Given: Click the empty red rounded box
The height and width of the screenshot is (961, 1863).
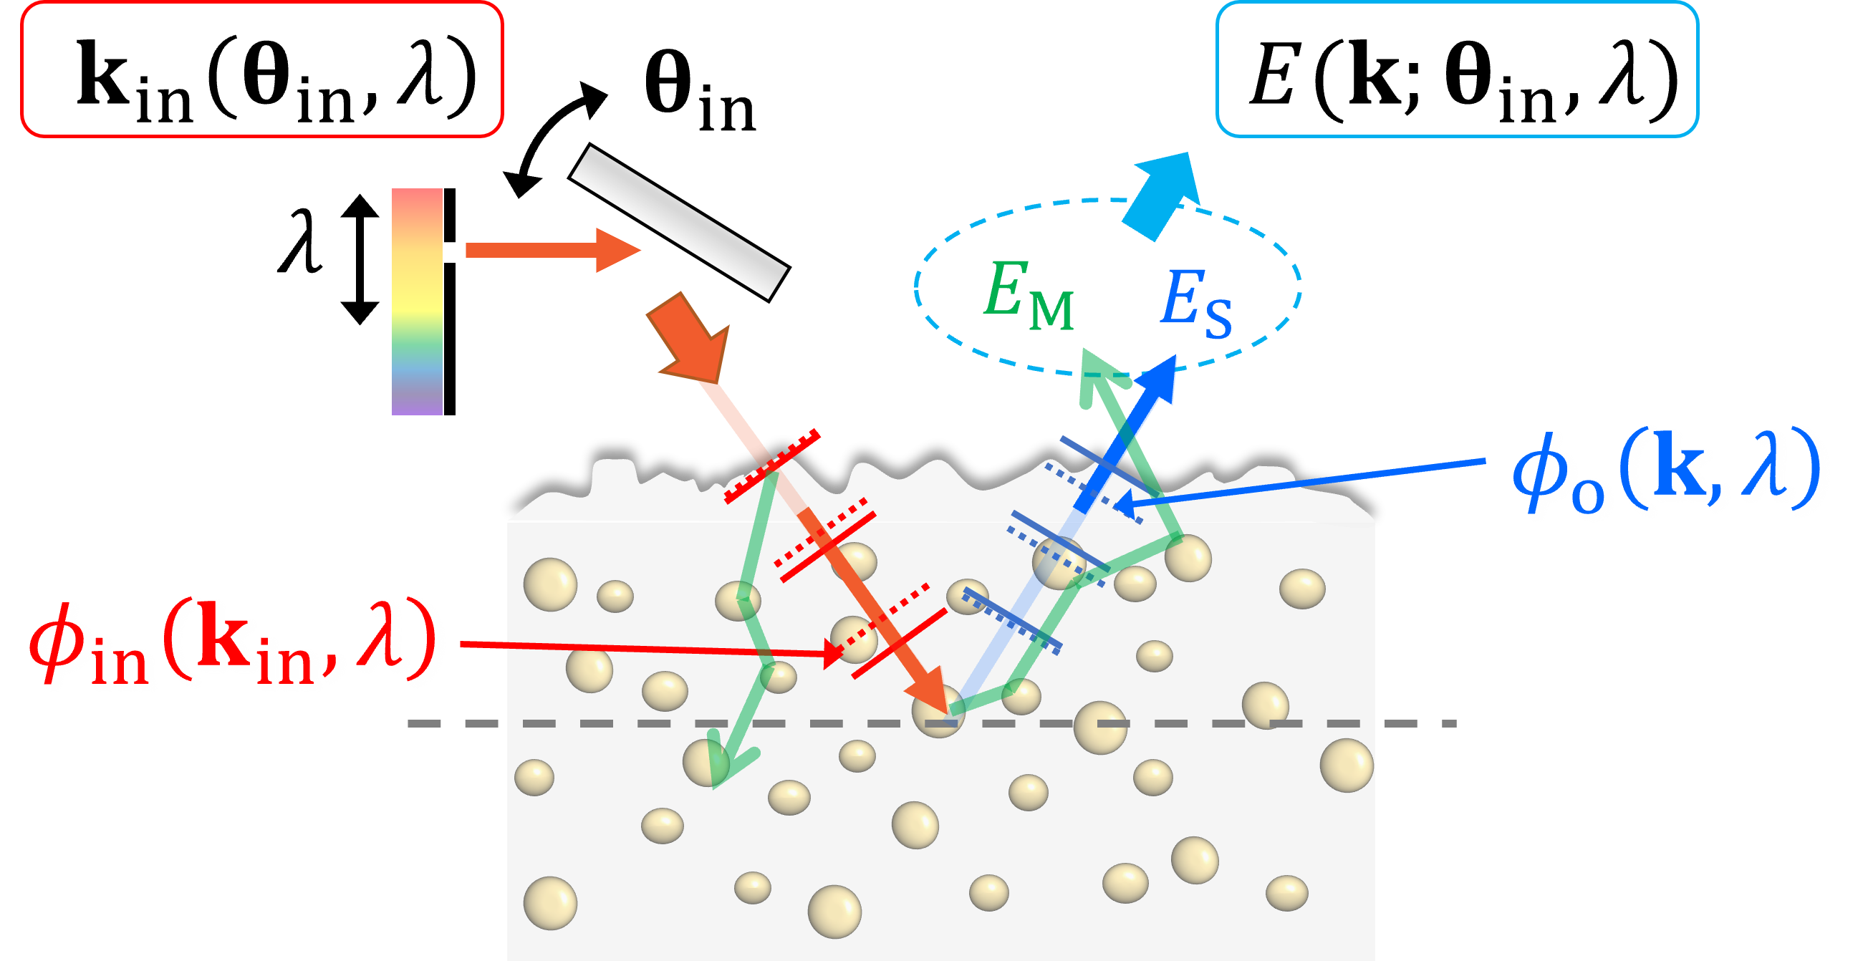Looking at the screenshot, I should click(x=261, y=69).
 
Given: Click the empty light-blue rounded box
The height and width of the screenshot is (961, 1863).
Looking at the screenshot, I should click(x=1457, y=69).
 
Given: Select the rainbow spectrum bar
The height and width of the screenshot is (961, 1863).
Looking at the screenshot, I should click(x=417, y=301).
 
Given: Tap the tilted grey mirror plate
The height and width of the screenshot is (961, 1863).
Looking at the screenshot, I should click(x=678, y=222).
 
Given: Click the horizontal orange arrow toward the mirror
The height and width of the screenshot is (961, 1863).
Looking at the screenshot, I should click(x=549, y=250).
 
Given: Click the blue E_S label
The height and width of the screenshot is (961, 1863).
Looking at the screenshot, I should click(x=1196, y=302).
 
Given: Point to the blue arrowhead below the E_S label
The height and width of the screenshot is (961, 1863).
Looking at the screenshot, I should click(x=1161, y=376).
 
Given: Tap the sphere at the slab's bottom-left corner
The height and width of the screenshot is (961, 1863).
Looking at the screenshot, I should click(x=550, y=902).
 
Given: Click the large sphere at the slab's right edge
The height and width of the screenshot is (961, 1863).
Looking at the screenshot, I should click(x=1346, y=765).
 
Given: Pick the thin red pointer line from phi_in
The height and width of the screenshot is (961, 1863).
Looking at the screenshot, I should click(x=644, y=649).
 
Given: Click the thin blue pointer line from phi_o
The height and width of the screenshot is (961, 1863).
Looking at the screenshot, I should click(x=1301, y=481).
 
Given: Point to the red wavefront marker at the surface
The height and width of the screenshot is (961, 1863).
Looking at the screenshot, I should click(x=772, y=466).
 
